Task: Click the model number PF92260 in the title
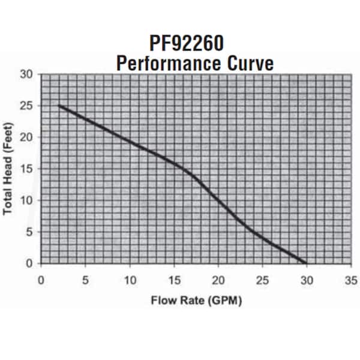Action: tap(179, 44)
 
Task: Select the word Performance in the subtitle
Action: tap(154, 62)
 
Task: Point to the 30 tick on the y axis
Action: tap(26, 74)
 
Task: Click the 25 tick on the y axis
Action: tap(26, 106)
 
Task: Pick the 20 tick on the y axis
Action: tap(26, 137)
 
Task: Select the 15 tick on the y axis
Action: tap(26, 169)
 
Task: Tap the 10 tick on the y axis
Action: tap(26, 200)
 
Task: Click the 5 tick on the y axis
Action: tap(29, 232)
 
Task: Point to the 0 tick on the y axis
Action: tap(29, 263)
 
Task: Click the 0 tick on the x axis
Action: tap(41, 280)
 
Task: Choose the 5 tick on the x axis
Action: tap(85, 280)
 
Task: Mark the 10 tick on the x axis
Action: tap(130, 280)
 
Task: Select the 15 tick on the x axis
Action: tap(174, 280)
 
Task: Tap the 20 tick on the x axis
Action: tap(218, 280)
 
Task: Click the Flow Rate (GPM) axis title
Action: tap(196, 301)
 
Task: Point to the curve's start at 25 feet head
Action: tap(59, 106)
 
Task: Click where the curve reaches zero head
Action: tap(307, 263)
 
